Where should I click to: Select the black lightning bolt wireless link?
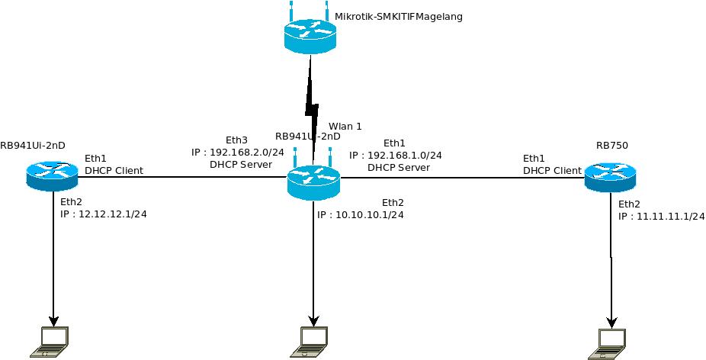[x=311, y=103]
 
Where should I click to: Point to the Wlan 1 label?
[x=345, y=126]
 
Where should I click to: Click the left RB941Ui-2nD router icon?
[x=52, y=175]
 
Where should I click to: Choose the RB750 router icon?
[x=610, y=178]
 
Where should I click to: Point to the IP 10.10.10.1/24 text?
[x=369, y=215]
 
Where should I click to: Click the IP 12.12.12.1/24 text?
[x=112, y=214]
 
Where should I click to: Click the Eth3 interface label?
[x=237, y=140]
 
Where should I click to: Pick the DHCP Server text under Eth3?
[x=241, y=164]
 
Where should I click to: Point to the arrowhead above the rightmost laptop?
[x=611, y=320]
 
